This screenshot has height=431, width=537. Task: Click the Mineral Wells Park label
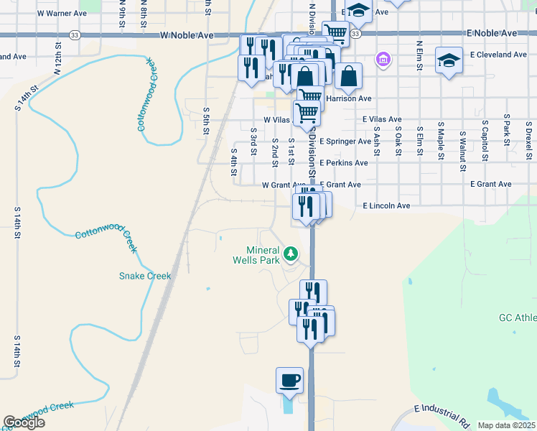(262, 255)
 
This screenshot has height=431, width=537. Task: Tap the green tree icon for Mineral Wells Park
(291, 253)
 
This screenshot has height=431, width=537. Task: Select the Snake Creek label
(145, 276)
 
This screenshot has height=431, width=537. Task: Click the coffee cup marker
(290, 380)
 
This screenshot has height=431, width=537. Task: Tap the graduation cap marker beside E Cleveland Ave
(449, 60)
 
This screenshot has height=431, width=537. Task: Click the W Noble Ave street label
(188, 34)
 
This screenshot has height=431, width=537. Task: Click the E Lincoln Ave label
(386, 205)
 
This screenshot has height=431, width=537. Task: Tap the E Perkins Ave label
(344, 163)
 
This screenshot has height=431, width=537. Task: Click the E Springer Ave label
(345, 142)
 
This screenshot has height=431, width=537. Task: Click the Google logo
(24, 423)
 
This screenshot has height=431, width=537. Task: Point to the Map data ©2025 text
(506, 425)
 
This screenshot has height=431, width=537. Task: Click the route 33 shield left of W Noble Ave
(75, 34)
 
